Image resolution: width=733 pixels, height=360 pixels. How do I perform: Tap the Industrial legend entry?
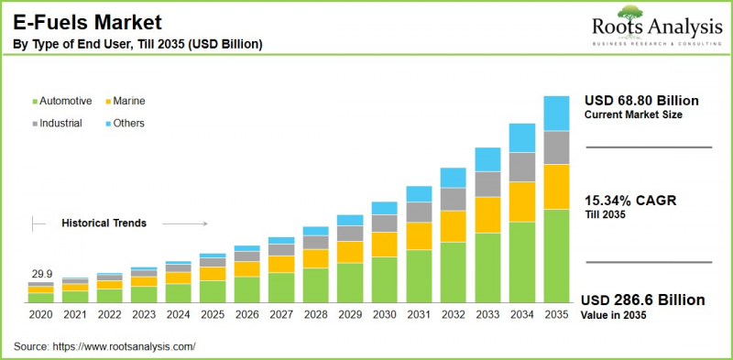coord(61,123)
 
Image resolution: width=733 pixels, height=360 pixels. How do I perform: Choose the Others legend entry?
coord(128,123)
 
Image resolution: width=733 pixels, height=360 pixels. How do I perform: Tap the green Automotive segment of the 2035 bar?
coord(556,256)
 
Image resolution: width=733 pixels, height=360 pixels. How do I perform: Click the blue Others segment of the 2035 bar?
coord(556,113)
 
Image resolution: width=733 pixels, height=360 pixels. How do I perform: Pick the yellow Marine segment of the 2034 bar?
coord(522,202)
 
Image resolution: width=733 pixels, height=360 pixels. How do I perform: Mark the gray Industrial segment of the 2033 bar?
coord(487,184)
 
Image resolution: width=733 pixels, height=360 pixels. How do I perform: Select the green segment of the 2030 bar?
coord(385,279)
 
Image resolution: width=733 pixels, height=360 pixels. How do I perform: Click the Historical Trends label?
coord(104,223)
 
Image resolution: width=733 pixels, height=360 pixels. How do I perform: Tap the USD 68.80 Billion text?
coord(640,101)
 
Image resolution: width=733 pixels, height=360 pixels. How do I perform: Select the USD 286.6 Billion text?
coord(644,300)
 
